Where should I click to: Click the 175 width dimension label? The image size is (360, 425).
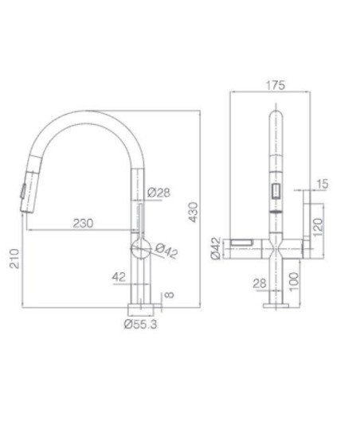tap(276, 85)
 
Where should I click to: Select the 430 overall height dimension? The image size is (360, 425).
tap(194, 212)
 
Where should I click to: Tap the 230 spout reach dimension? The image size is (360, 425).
tap(83, 223)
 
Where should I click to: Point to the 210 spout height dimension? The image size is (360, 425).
tap(14, 259)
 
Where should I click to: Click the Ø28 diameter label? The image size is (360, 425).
tap(159, 193)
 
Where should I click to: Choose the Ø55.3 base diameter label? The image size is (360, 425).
tap(140, 324)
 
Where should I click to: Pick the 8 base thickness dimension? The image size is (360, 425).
tap(170, 294)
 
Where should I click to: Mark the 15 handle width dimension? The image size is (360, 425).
tap(323, 184)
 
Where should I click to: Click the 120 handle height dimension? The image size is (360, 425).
tap(318, 227)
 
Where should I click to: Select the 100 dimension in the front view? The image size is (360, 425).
tap(294, 282)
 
